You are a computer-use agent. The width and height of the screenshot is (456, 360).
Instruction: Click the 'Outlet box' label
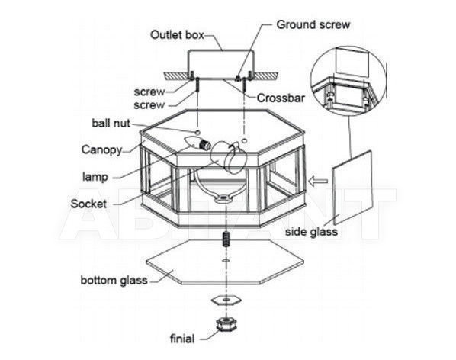pos(177,35)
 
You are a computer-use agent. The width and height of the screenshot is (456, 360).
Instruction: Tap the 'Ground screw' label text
pos(313,24)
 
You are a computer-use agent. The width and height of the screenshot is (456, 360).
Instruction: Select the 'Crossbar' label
pos(281,98)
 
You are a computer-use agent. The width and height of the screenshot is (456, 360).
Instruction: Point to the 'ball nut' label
pos(111,123)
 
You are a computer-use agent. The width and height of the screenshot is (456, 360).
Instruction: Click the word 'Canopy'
pos(101,150)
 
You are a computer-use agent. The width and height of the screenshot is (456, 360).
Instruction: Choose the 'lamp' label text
pos(95,177)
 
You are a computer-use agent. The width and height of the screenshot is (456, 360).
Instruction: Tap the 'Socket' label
pos(88,204)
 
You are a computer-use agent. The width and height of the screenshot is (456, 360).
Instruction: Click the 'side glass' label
pos(311,232)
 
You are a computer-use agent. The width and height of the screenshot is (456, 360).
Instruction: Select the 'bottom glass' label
pos(114,281)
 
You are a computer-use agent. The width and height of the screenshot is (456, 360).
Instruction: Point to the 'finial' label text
pos(182,339)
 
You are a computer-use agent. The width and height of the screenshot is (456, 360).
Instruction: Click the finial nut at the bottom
pos(226,324)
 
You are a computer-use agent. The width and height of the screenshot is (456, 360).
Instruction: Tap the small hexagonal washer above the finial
pos(226,300)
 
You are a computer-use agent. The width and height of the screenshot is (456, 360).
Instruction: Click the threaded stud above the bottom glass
pos(226,239)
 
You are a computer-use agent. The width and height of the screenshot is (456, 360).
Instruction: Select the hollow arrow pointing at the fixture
pos(318,182)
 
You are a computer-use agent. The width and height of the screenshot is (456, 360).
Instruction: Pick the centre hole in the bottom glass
pos(226,260)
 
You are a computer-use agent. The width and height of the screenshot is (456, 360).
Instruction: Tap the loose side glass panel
pos(352,188)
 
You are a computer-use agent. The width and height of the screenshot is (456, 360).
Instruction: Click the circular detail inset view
pos(348,80)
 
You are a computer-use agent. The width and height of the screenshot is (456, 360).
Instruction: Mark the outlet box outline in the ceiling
pos(220,65)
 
